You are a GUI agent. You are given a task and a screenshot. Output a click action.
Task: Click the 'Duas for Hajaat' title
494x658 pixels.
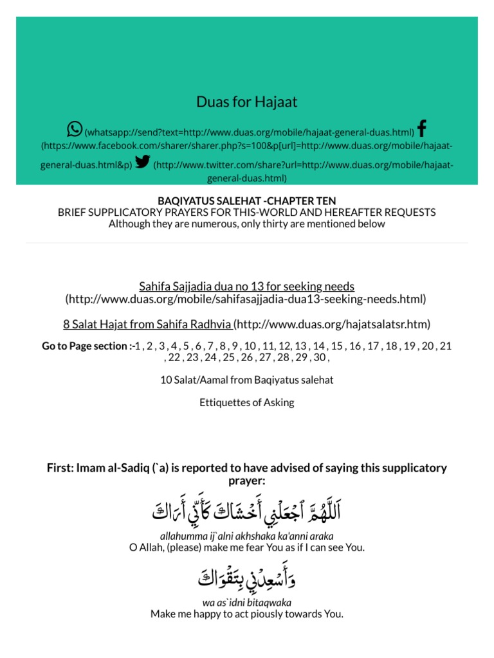point(247,102)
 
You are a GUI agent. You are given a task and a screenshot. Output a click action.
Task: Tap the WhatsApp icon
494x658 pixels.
point(75,129)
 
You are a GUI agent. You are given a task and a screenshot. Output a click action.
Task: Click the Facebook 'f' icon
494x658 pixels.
point(421,129)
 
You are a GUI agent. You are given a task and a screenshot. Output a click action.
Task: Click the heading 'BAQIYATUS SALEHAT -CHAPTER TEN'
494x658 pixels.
point(247,201)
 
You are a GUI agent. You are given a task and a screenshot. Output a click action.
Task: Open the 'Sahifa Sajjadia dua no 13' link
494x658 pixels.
point(247,286)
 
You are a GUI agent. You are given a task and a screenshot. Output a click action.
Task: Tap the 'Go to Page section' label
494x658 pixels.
point(84,346)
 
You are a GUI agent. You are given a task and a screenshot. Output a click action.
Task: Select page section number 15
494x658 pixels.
point(337,346)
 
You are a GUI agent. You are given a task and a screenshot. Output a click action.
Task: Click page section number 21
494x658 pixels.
point(445,346)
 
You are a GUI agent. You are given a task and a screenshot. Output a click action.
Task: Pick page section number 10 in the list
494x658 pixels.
point(250,346)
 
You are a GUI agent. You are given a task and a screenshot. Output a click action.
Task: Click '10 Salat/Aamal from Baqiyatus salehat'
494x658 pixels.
point(247,380)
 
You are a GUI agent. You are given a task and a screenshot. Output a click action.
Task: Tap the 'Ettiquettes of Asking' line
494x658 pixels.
point(247,403)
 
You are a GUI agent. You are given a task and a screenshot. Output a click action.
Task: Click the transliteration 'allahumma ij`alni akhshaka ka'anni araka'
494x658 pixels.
point(247,535)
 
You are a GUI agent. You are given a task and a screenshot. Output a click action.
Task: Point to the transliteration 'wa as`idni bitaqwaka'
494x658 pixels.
point(247,602)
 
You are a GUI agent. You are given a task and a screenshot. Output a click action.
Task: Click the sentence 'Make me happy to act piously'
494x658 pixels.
point(247,614)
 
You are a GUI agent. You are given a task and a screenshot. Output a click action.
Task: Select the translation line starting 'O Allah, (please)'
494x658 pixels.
point(247,547)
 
